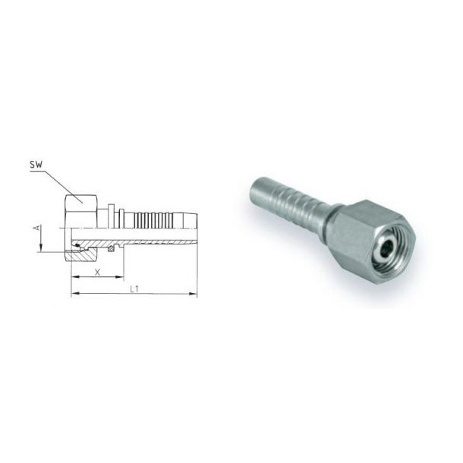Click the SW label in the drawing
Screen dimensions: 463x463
[x=36, y=165]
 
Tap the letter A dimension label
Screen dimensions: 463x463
[x=37, y=228]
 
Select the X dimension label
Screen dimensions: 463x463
[x=97, y=272]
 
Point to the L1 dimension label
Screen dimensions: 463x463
[x=134, y=288]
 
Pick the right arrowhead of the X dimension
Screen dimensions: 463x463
[x=119, y=277]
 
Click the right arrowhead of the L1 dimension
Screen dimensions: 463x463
[x=193, y=294]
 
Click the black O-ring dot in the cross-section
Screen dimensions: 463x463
[x=77, y=245]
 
